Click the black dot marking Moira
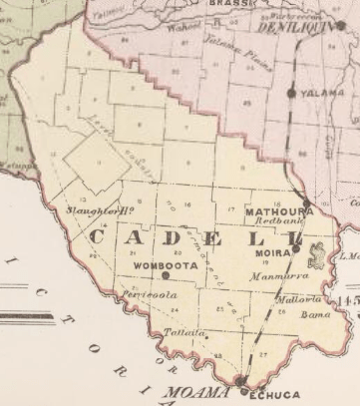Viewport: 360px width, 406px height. (x=295, y=251)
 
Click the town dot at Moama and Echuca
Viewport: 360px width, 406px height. (x=242, y=380)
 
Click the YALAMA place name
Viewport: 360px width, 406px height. (x=319, y=93)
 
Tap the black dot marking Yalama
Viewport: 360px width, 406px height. (x=291, y=93)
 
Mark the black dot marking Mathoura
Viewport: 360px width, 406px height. (x=306, y=202)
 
